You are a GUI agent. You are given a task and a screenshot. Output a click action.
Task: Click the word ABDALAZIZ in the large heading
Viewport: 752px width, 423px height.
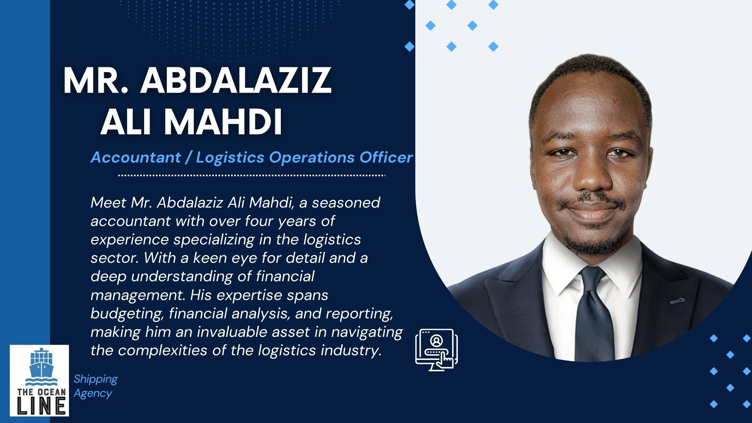[x=236, y=80]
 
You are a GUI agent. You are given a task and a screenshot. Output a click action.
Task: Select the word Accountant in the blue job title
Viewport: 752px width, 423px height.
[x=136, y=157]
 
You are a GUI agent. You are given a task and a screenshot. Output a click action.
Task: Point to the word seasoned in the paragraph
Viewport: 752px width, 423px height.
[x=346, y=202]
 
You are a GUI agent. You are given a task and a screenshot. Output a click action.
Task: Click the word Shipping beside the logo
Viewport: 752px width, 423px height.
[x=96, y=379]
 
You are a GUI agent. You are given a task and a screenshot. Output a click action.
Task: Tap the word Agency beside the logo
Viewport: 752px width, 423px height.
[x=93, y=393]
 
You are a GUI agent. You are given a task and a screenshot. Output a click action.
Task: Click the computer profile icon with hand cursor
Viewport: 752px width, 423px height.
[x=436, y=350]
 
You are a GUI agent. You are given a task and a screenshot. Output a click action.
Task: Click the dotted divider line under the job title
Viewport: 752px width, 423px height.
[x=252, y=175]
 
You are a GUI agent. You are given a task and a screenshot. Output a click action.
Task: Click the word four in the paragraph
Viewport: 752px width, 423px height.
[x=258, y=221]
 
